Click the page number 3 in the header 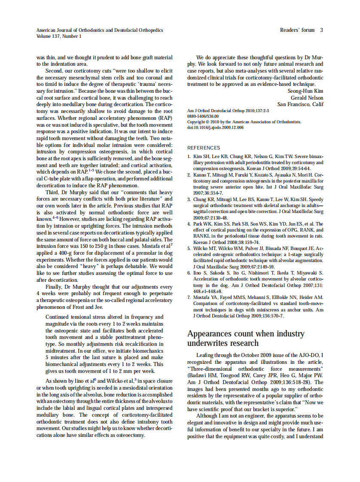[x=321, y=30]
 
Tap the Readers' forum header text [x=297, y=30]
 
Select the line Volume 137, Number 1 [x=58, y=37]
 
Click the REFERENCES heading [x=204, y=148]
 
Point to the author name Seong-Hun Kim [x=305, y=91]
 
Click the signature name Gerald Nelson [x=308, y=98]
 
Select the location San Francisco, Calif [x=300, y=104]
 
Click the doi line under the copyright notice [x=215, y=128]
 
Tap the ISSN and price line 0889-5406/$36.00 [x=203, y=116]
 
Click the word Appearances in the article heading [x=210, y=334]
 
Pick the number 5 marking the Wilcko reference [x=189, y=248]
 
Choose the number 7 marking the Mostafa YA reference [x=189, y=297]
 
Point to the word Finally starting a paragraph [x=55, y=287]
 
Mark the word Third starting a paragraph [x=53, y=192]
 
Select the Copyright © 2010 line [x=244, y=122]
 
